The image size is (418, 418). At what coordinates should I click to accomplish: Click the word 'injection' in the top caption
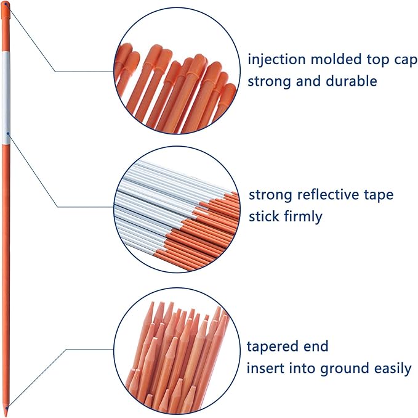[276, 60]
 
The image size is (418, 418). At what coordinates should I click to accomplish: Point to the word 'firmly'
[303, 216]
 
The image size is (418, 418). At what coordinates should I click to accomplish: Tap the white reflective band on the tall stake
[6, 98]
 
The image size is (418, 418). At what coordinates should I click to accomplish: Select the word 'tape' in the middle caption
[379, 195]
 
